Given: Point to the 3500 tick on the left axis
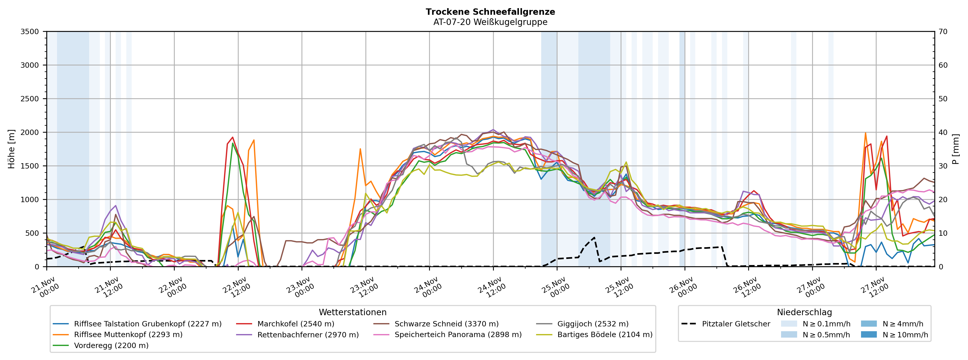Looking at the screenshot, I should pyautogui.click(x=30, y=32).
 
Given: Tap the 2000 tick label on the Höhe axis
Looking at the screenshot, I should pyautogui.click(x=30, y=132).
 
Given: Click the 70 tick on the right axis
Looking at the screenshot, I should pyautogui.click(x=943, y=32).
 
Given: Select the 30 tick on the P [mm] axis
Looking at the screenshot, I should pyautogui.click(x=943, y=166).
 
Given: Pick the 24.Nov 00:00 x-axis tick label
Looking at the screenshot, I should pyautogui.click(x=428, y=287).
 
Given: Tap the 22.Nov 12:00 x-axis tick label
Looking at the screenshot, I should pyautogui.click(x=237, y=287).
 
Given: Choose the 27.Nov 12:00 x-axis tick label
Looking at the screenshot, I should pyautogui.click(x=875, y=287).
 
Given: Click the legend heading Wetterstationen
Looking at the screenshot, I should pyautogui.click(x=352, y=312).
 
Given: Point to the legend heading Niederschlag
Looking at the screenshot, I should pyautogui.click(x=804, y=312).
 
